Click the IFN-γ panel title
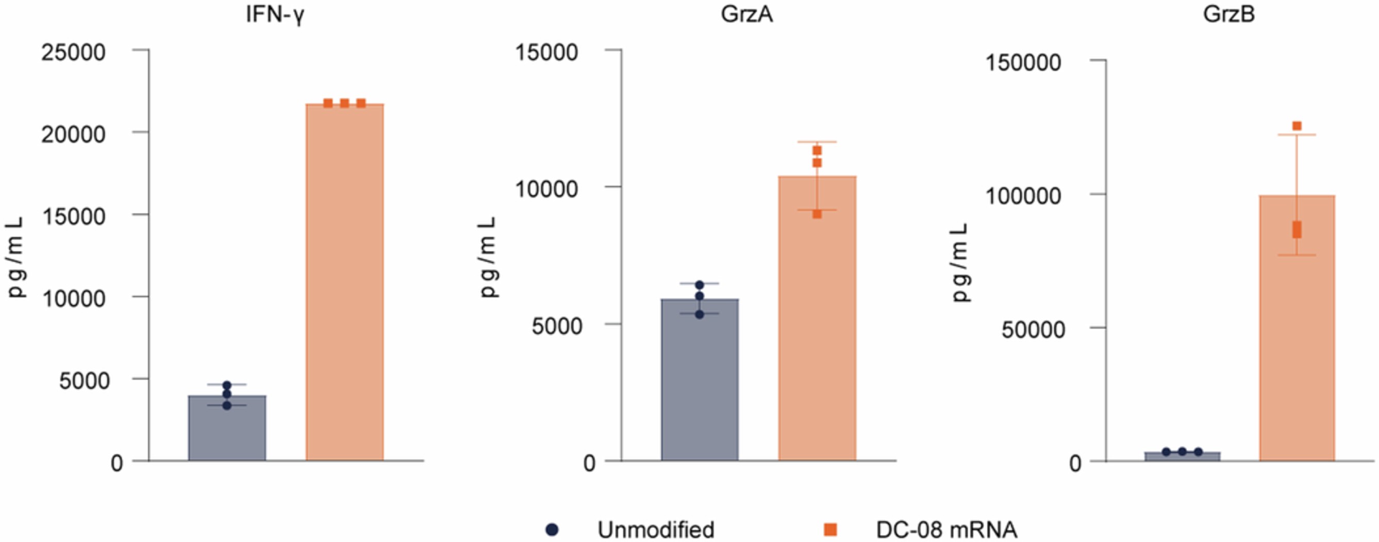pyautogui.click(x=275, y=14)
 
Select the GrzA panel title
pyautogui.click(x=747, y=14)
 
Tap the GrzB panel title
pyautogui.click(x=1229, y=14)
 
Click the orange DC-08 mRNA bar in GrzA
pyautogui.click(x=817, y=321)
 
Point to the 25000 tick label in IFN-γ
pyautogui.click(x=73, y=53)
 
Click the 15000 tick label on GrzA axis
pyautogui.click(x=546, y=53)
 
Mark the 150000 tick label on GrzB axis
pyautogui.click(x=1023, y=63)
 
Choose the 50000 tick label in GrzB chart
pyautogui.click(x=1033, y=330)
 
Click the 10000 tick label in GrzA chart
pyautogui.click(x=546, y=189)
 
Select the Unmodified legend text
pyautogui.click(x=656, y=530)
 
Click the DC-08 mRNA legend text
pyautogui.click(x=946, y=530)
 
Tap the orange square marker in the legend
pyautogui.click(x=830, y=530)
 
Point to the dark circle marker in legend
pyautogui.click(x=552, y=530)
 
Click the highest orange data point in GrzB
pyautogui.click(x=1297, y=126)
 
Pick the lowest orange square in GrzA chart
pyautogui.click(x=817, y=214)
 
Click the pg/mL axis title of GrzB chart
pyautogui.click(x=960, y=262)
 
